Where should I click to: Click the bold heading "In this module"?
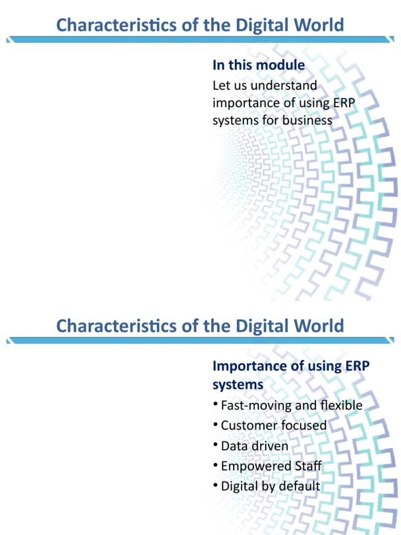pos(258,65)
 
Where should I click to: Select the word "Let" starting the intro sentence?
pos(220,85)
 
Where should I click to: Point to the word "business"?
pos(307,120)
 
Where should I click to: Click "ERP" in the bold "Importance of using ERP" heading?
pos(357,366)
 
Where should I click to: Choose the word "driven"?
pos(269,446)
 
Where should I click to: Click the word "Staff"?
pos(304,466)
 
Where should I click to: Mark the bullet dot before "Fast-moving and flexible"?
pos(215,405)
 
